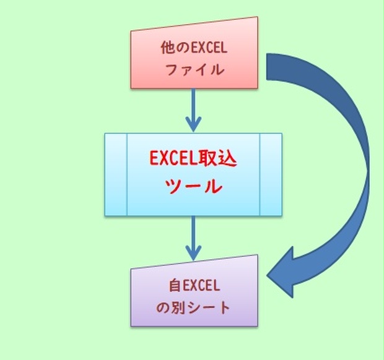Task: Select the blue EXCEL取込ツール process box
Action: point(193,174)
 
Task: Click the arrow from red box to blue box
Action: point(194,108)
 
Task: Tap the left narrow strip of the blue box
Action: point(116,174)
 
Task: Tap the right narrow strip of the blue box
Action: point(271,174)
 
